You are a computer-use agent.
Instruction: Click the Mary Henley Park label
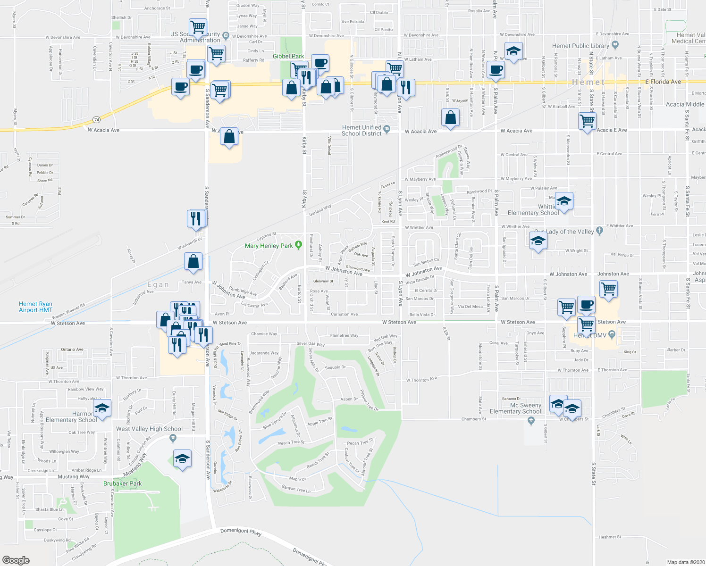[x=269, y=246]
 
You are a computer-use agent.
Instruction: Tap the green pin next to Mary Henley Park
[x=298, y=245]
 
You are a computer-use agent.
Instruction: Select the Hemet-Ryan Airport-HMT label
[x=36, y=307]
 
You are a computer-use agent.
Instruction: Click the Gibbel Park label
[x=288, y=56]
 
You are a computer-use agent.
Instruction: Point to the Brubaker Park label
[x=122, y=483]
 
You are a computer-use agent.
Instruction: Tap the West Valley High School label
[x=149, y=429]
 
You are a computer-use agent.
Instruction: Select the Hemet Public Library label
[x=580, y=46]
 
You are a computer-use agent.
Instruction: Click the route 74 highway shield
[x=97, y=119]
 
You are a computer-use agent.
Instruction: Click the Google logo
[x=16, y=560]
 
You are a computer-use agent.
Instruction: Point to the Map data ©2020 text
[x=685, y=562]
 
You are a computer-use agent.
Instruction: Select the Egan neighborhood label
[x=158, y=284]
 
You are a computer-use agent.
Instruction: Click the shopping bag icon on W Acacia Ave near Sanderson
[x=229, y=137]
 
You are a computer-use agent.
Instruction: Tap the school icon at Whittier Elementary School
[x=563, y=201]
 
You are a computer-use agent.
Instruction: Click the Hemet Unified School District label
[x=361, y=131]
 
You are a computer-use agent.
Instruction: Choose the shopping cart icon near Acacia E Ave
[x=587, y=121]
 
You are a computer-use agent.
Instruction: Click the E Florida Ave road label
[x=663, y=82]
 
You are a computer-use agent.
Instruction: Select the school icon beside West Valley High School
[x=182, y=458]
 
